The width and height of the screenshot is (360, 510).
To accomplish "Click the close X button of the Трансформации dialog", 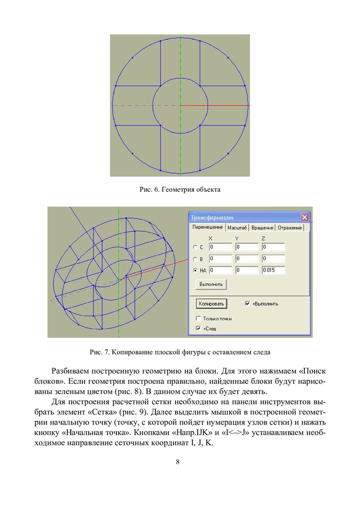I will tap(305, 218).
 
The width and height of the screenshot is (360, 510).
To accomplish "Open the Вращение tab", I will tap(262, 228).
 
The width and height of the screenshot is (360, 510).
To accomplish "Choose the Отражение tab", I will tap(290, 228).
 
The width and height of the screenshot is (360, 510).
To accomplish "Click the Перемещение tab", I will tap(208, 227).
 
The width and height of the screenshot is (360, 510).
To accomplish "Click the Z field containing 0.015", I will tap(273, 270).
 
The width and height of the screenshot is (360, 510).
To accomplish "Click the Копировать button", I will tap(211, 304).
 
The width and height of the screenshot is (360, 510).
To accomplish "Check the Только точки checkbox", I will tap(199, 319).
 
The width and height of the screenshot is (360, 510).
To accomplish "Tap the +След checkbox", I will tap(199, 328).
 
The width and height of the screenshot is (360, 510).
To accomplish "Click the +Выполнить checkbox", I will tap(247, 304).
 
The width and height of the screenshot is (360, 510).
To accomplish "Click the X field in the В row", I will tap(220, 259).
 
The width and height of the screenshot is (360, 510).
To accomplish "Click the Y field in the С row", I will tap(247, 247).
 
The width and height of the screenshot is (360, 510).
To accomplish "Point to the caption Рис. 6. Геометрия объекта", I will tap(180, 190).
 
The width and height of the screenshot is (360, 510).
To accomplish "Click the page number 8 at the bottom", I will tap(177, 462).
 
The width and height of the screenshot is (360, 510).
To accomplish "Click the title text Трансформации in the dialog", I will tap(212, 218).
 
